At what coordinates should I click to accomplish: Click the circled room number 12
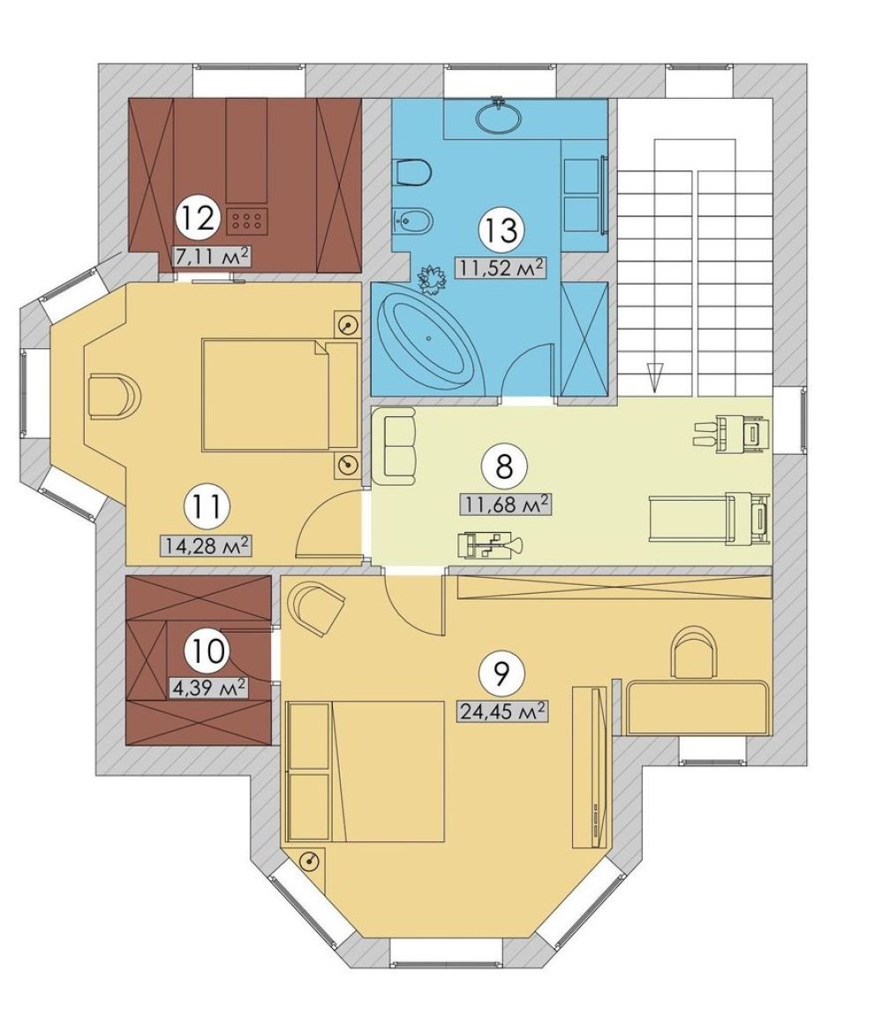click(199, 218)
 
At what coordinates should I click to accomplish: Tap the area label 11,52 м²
click(500, 266)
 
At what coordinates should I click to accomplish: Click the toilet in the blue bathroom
click(413, 172)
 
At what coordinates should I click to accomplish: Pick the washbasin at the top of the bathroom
click(497, 117)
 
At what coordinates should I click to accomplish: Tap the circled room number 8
click(505, 467)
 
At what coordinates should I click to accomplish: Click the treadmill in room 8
click(710, 518)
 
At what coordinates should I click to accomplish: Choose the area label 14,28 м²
click(206, 544)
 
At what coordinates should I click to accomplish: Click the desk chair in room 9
click(695, 652)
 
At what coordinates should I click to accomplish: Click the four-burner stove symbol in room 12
click(246, 221)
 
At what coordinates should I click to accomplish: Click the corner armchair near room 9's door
click(317, 608)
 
